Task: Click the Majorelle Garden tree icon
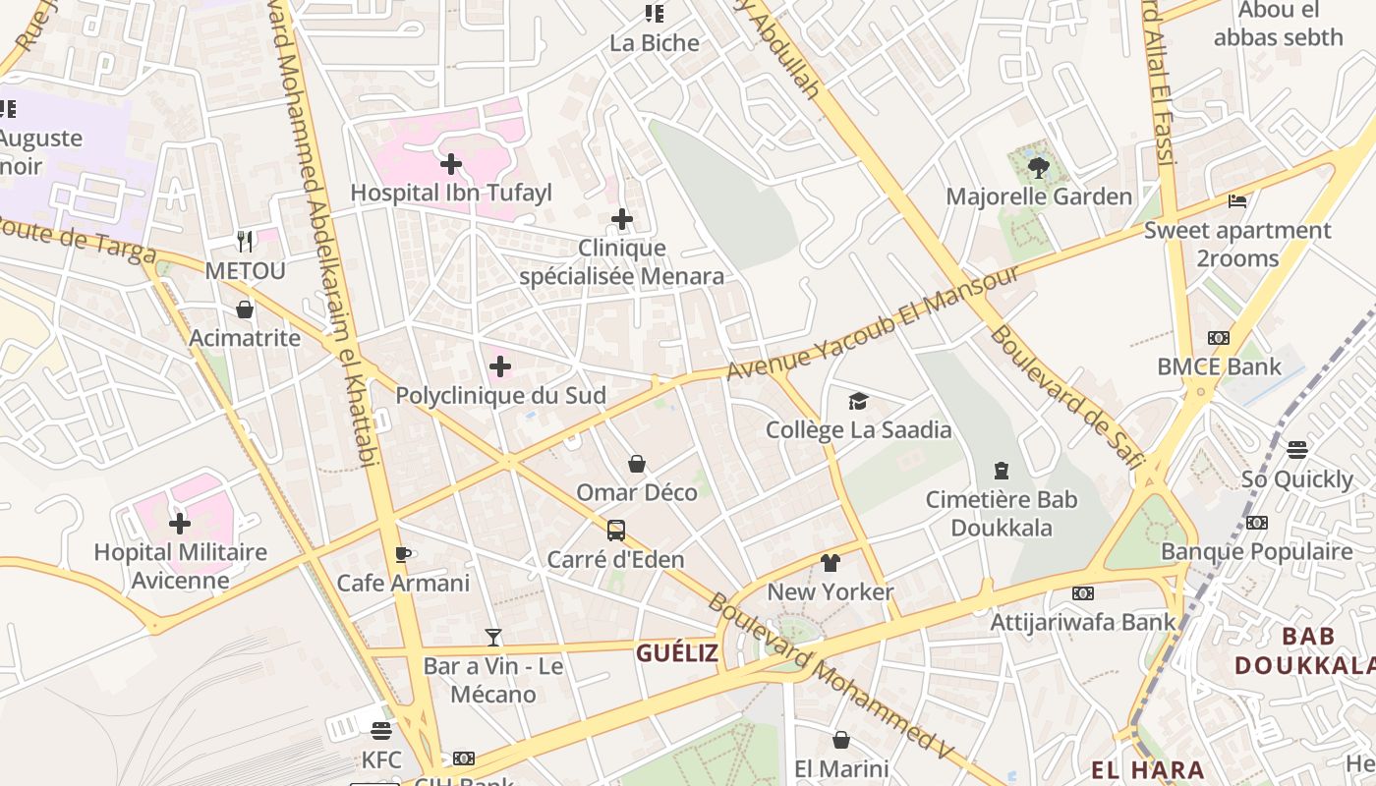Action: pyautogui.click(x=1038, y=168)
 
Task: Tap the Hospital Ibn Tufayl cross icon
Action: pyautogui.click(x=451, y=164)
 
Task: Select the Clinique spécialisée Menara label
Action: pyautogui.click(x=621, y=262)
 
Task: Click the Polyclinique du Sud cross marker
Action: pyautogui.click(x=500, y=367)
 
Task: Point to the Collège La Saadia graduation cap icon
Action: pyautogui.click(x=859, y=401)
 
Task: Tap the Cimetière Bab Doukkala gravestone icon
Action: pyautogui.click(x=1002, y=471)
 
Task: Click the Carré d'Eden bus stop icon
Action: pyautogui.click(x=616, y=531)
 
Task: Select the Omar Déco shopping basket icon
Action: pyautogui.click(x=637, y=464)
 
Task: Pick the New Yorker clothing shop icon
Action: pyautogui.click(x=831, y=563)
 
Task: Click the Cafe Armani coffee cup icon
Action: pyautogui.click(x=403, y=554)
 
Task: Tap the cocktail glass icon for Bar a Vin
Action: pyautogui.click(x=493, y=638)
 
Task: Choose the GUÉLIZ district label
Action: pyautogui.click(x=676, y=653)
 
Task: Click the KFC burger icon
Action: pyautogui.click(x=381, y=730)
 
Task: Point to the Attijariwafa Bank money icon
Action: pyautogui.click(x=1082, y=593)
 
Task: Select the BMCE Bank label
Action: pyautogui.click(x=1219, y=367)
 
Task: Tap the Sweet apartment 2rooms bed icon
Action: pyautogui.click(x=1237, y=201)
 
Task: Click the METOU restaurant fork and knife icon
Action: pyautogui.click(x=245, y=241)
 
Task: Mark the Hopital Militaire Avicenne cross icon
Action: pyautogui.click(x=180, y=524)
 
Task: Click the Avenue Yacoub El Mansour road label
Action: pyautogui.click(x=873, y=322)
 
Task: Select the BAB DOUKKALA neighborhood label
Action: pyautogui.click(x=1304, y=651)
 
